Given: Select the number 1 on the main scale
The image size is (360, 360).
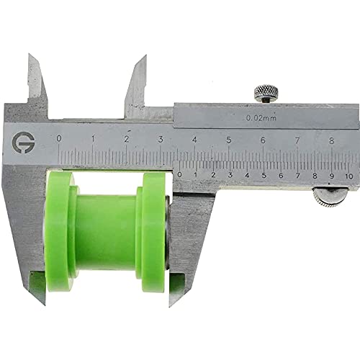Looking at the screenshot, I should [92, 139].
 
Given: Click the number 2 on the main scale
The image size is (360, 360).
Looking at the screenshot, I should [127, 140].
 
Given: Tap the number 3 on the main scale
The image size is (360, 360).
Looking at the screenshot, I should [161, 140].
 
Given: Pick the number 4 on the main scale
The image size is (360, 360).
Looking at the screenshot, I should [194, 140].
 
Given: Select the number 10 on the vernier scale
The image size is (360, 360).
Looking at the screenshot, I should [348, 175].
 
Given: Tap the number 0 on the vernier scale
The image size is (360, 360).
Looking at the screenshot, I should [179, 174].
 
